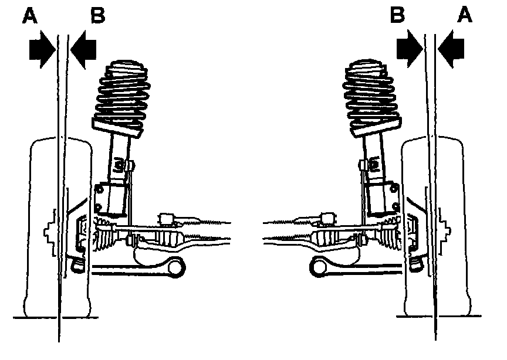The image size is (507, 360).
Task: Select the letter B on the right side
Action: tap(399, 15)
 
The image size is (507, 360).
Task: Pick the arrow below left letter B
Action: tap(84, 50)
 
